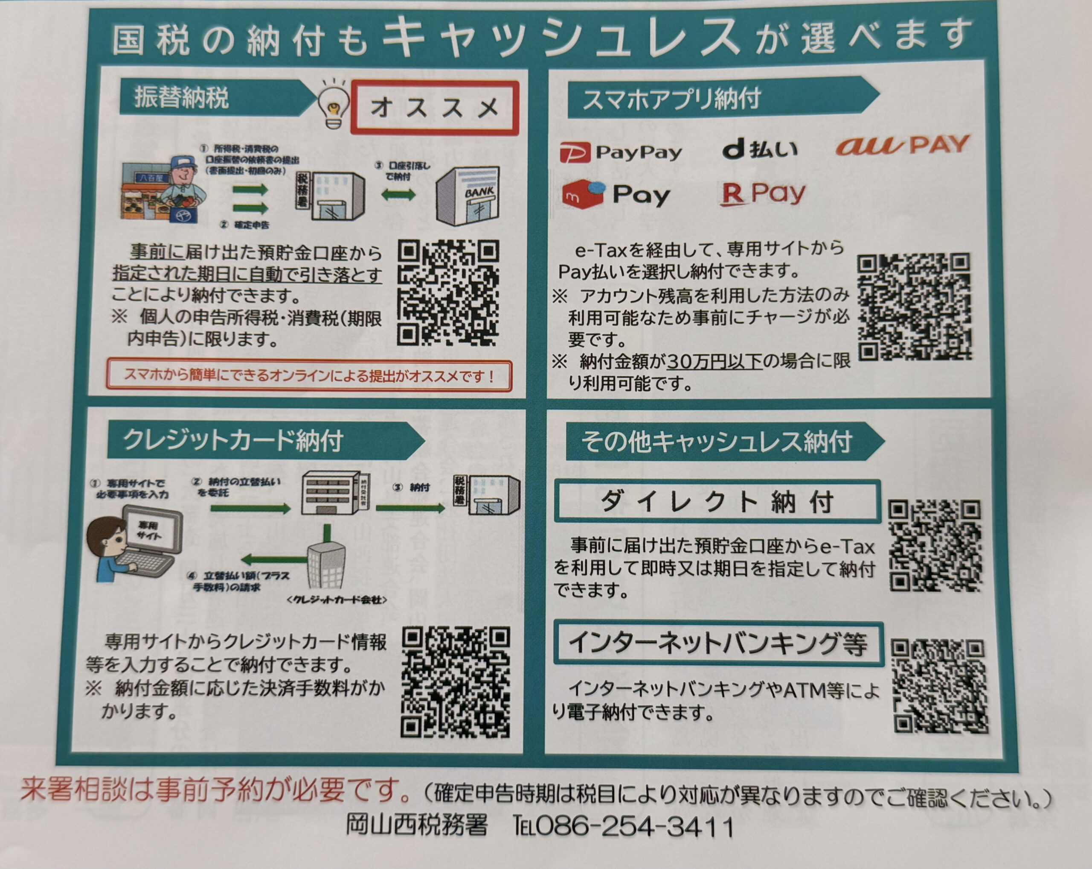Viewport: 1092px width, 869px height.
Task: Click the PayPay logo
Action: click(x=621, y=152)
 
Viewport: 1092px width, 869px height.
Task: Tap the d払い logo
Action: click(x=759, y=149)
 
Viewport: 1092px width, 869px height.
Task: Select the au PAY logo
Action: click(x=902, y=145)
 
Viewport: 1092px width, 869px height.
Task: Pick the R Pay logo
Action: click(x=763, y=194)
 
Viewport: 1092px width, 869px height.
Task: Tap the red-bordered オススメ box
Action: click(x=435, y=108)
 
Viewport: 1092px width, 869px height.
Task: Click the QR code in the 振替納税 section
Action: click(x=448, y=293)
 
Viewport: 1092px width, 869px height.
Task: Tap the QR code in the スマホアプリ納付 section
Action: click(x=914, y=307)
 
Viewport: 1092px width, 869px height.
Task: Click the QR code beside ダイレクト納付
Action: click(x=935, y=546)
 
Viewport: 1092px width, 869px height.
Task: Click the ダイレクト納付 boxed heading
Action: click(x=717, y=501)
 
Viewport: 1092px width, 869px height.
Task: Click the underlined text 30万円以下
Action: click(x=714, y=362)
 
